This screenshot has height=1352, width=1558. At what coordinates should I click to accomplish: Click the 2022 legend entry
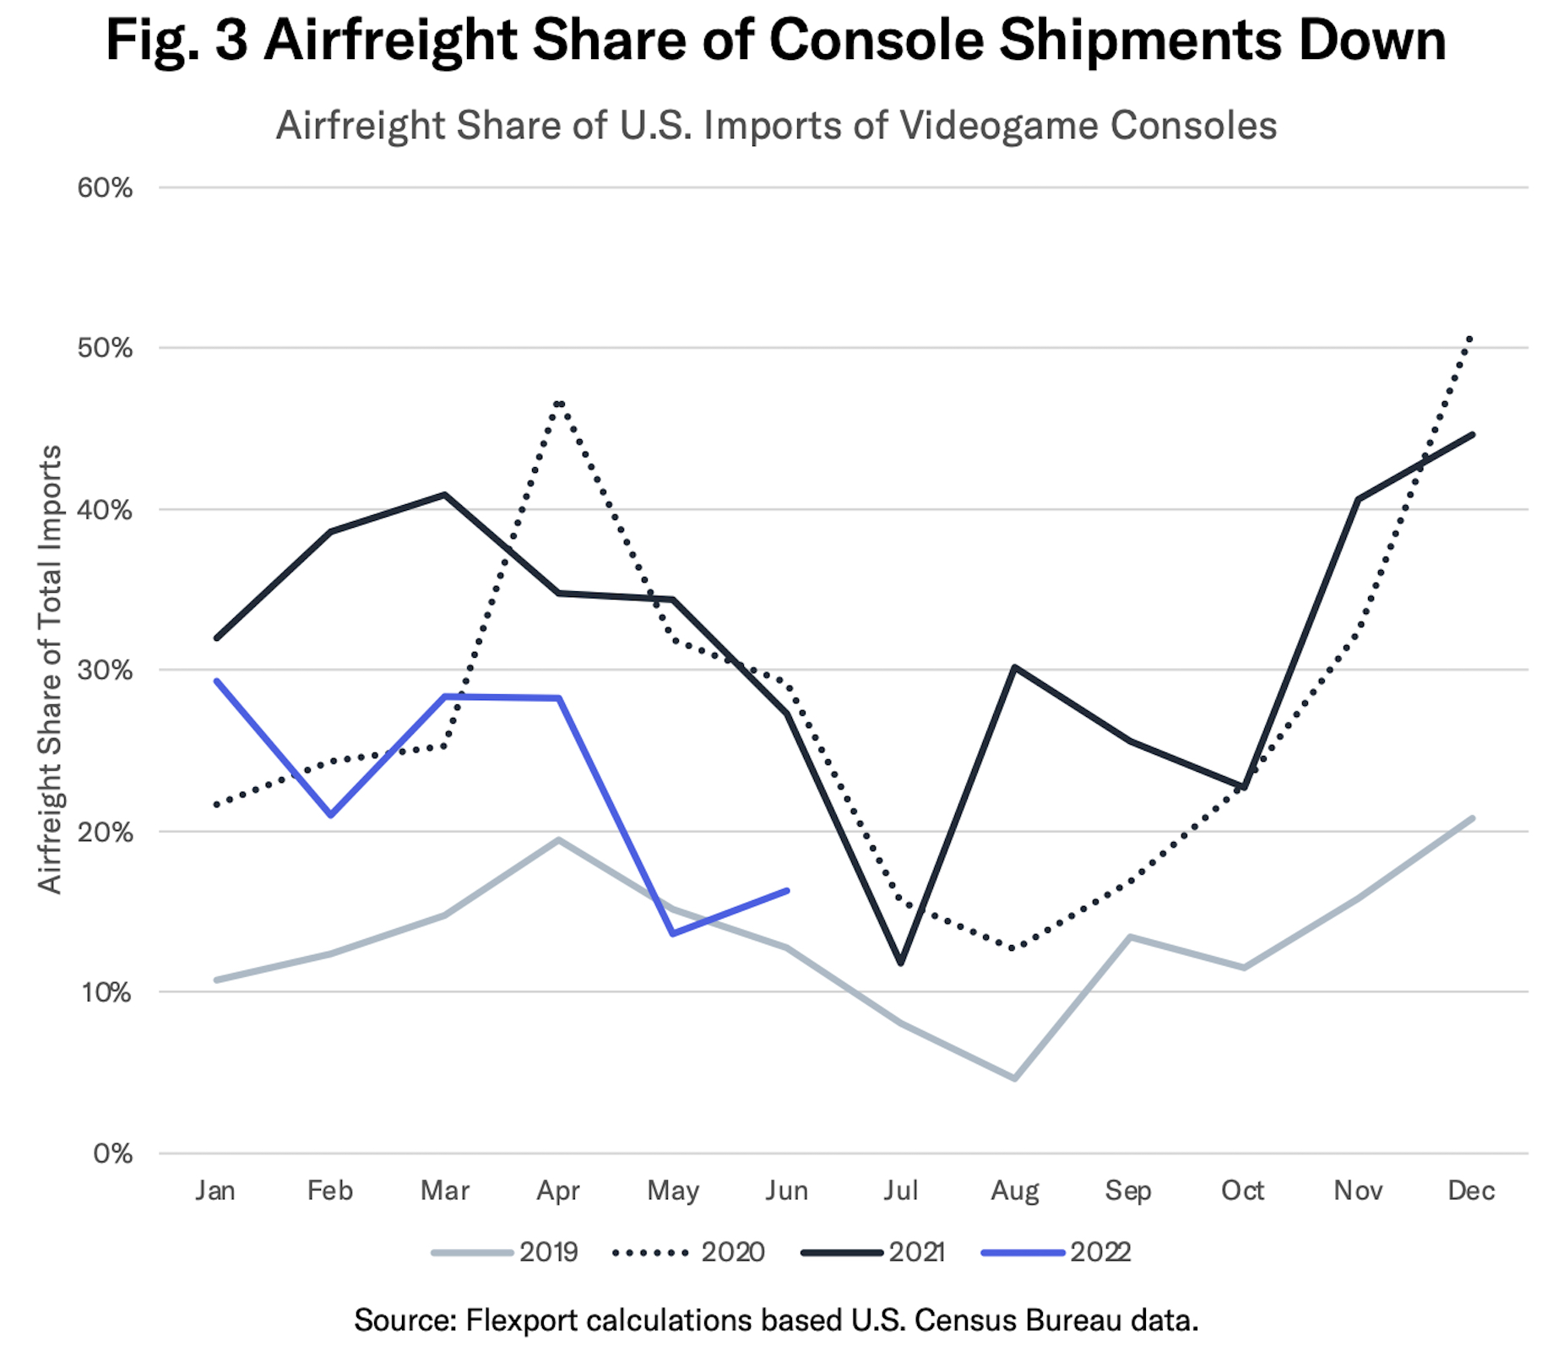[x=1056, y=1252]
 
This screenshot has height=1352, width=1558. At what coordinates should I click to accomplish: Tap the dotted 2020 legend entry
[x=688, y=1252]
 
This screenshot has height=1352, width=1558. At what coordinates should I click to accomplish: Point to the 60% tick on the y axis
[x=105, y=187]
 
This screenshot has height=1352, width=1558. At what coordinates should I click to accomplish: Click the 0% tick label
[x=111, y=1154]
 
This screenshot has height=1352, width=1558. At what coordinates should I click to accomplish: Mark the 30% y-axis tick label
[x=105, y=671]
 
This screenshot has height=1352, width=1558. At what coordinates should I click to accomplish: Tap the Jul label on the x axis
[x=900, y=1191]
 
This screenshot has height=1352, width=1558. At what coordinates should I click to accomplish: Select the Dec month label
[x=1471, y=1191]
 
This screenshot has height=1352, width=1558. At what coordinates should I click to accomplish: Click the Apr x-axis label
[x=558, y=1191]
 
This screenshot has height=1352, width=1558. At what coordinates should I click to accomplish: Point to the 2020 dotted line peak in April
[x=559, y=403]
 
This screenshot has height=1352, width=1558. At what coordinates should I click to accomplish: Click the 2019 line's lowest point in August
[x=1015, y=1078]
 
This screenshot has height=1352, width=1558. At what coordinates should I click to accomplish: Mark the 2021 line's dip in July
[x=901, y=963]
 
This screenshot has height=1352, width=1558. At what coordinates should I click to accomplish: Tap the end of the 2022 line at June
[x=787, y=890]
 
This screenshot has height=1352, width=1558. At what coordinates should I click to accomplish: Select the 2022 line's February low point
[x=330, y=815]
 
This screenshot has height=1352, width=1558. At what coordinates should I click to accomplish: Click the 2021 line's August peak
[x=1015, y=667]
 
